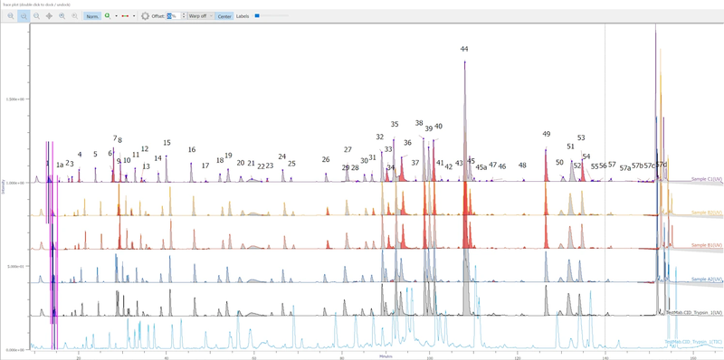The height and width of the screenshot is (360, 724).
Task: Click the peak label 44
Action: click(x=464, y=49)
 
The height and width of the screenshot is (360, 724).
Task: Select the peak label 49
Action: click(x=547, y=134)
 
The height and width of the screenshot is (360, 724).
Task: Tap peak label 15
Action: click(x=167, y=143)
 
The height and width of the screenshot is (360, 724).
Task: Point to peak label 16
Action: click(x=192, y=150)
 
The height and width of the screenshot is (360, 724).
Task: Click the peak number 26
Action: click(x=326, y=159)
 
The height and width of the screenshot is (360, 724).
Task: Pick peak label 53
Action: click(x=581, y=138)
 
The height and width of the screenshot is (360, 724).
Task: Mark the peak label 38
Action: click(x=419, y=123)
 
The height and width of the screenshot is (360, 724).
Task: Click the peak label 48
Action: click(x=522, y=165)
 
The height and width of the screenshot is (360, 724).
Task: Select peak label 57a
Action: click(x=624, y=168)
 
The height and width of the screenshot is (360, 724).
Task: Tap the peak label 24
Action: click(x=281, y=156)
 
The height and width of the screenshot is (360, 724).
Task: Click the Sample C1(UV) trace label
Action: click(x=706, y=180)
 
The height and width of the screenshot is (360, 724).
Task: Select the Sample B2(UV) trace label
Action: click(x=706, y=213)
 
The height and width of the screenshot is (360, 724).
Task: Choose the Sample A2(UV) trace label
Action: click(x=706, y=279)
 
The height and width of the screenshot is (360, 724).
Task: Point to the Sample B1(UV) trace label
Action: click(x=706, y=245)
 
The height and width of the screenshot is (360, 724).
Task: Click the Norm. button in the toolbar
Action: click(x=92, y=16)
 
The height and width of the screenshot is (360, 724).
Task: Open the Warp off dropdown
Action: click(x=200, y=16)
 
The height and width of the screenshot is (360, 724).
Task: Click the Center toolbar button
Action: click(x=224, y=16)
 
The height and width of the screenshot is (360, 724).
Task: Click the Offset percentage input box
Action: click(x=172, y=16)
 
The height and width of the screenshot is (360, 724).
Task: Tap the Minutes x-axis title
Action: click(x=386, y=355)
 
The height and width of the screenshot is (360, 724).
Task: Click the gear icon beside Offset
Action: click(x=145, y=16)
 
